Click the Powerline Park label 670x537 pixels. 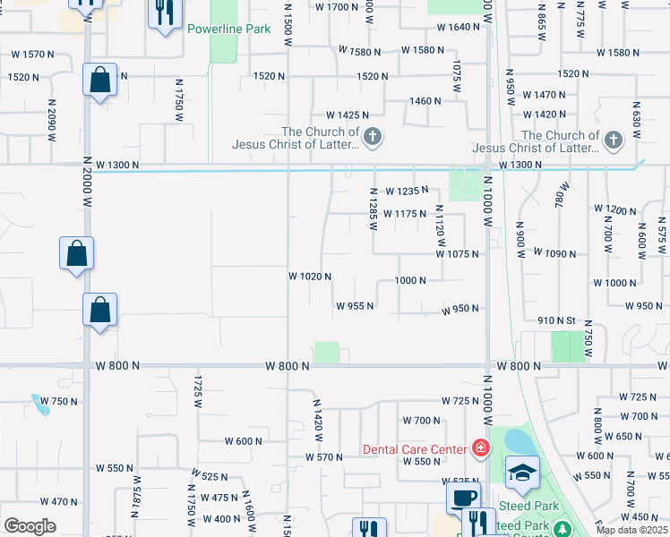pos(228,29)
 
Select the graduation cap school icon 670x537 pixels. pos(522,473)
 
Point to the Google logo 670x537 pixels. pos(30,526)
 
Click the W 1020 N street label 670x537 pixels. pos(310,277)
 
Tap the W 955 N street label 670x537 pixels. pos(355,306)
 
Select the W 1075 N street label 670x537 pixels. pos(458,254)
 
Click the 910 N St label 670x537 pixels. pos(555,320)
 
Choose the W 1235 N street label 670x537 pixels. pos(406,191)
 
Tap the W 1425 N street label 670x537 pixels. pos(348,115)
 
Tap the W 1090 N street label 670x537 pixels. pos(554,253)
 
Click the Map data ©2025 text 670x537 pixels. pos(631,530)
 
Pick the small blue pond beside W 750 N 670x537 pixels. pos(40,405)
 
